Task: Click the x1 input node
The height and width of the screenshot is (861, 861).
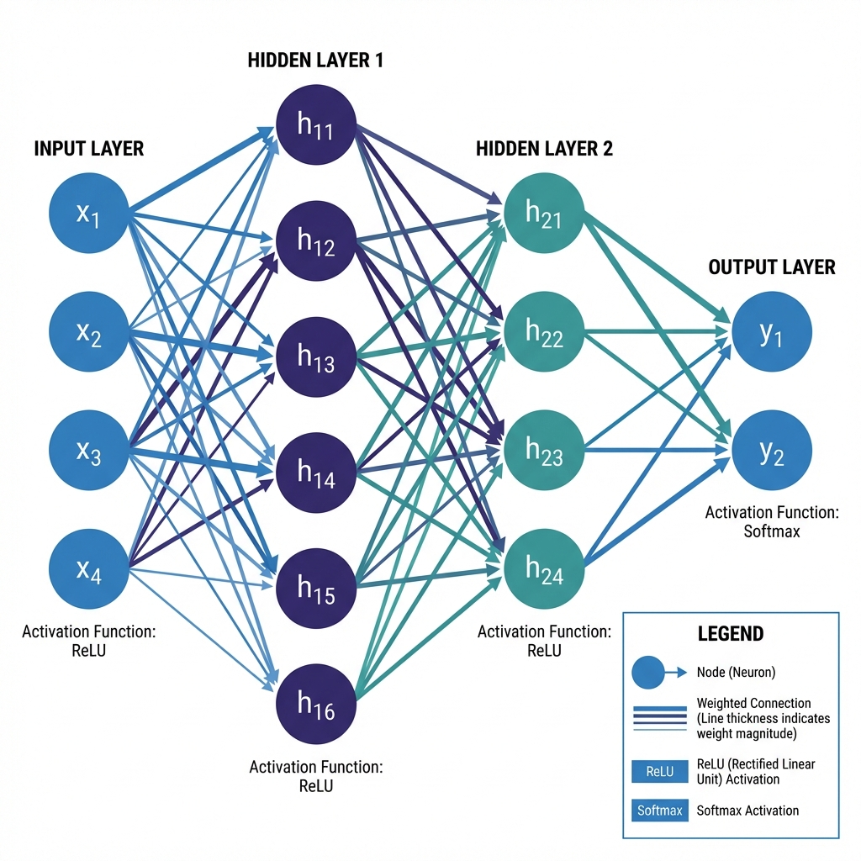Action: (88, 214)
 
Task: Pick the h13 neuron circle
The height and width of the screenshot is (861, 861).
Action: (317, 359)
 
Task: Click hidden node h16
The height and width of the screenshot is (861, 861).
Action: (317, 707)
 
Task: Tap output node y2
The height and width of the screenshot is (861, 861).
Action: (771, 452)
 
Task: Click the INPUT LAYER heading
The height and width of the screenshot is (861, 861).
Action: (89, 149)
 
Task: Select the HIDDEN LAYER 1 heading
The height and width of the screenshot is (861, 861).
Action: (316, 61)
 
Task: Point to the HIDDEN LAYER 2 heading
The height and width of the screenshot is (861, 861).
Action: (544, 150)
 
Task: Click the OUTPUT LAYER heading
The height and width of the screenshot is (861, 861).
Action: (772, 267)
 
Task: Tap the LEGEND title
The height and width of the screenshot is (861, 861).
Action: (731, 633)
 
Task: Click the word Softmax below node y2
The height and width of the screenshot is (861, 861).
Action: (770, 531)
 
